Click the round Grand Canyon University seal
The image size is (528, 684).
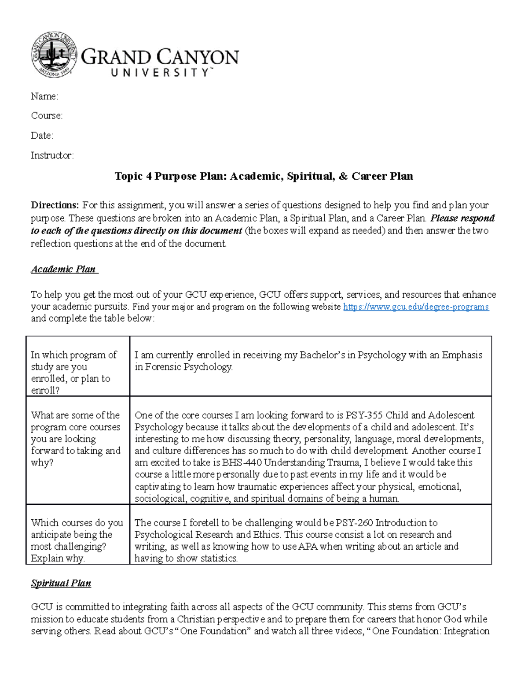54,55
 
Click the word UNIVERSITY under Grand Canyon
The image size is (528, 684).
160,73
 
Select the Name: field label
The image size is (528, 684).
44,96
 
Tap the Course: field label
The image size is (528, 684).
47,115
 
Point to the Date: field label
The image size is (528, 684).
42,135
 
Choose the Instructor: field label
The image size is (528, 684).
52,155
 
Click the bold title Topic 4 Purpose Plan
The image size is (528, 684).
264,176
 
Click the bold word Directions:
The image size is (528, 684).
55,205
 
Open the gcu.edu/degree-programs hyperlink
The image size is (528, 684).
416,307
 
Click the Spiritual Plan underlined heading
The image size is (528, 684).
61,583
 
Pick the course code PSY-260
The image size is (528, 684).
354,523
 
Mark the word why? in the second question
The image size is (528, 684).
42,463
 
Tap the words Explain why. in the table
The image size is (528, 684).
57,558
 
